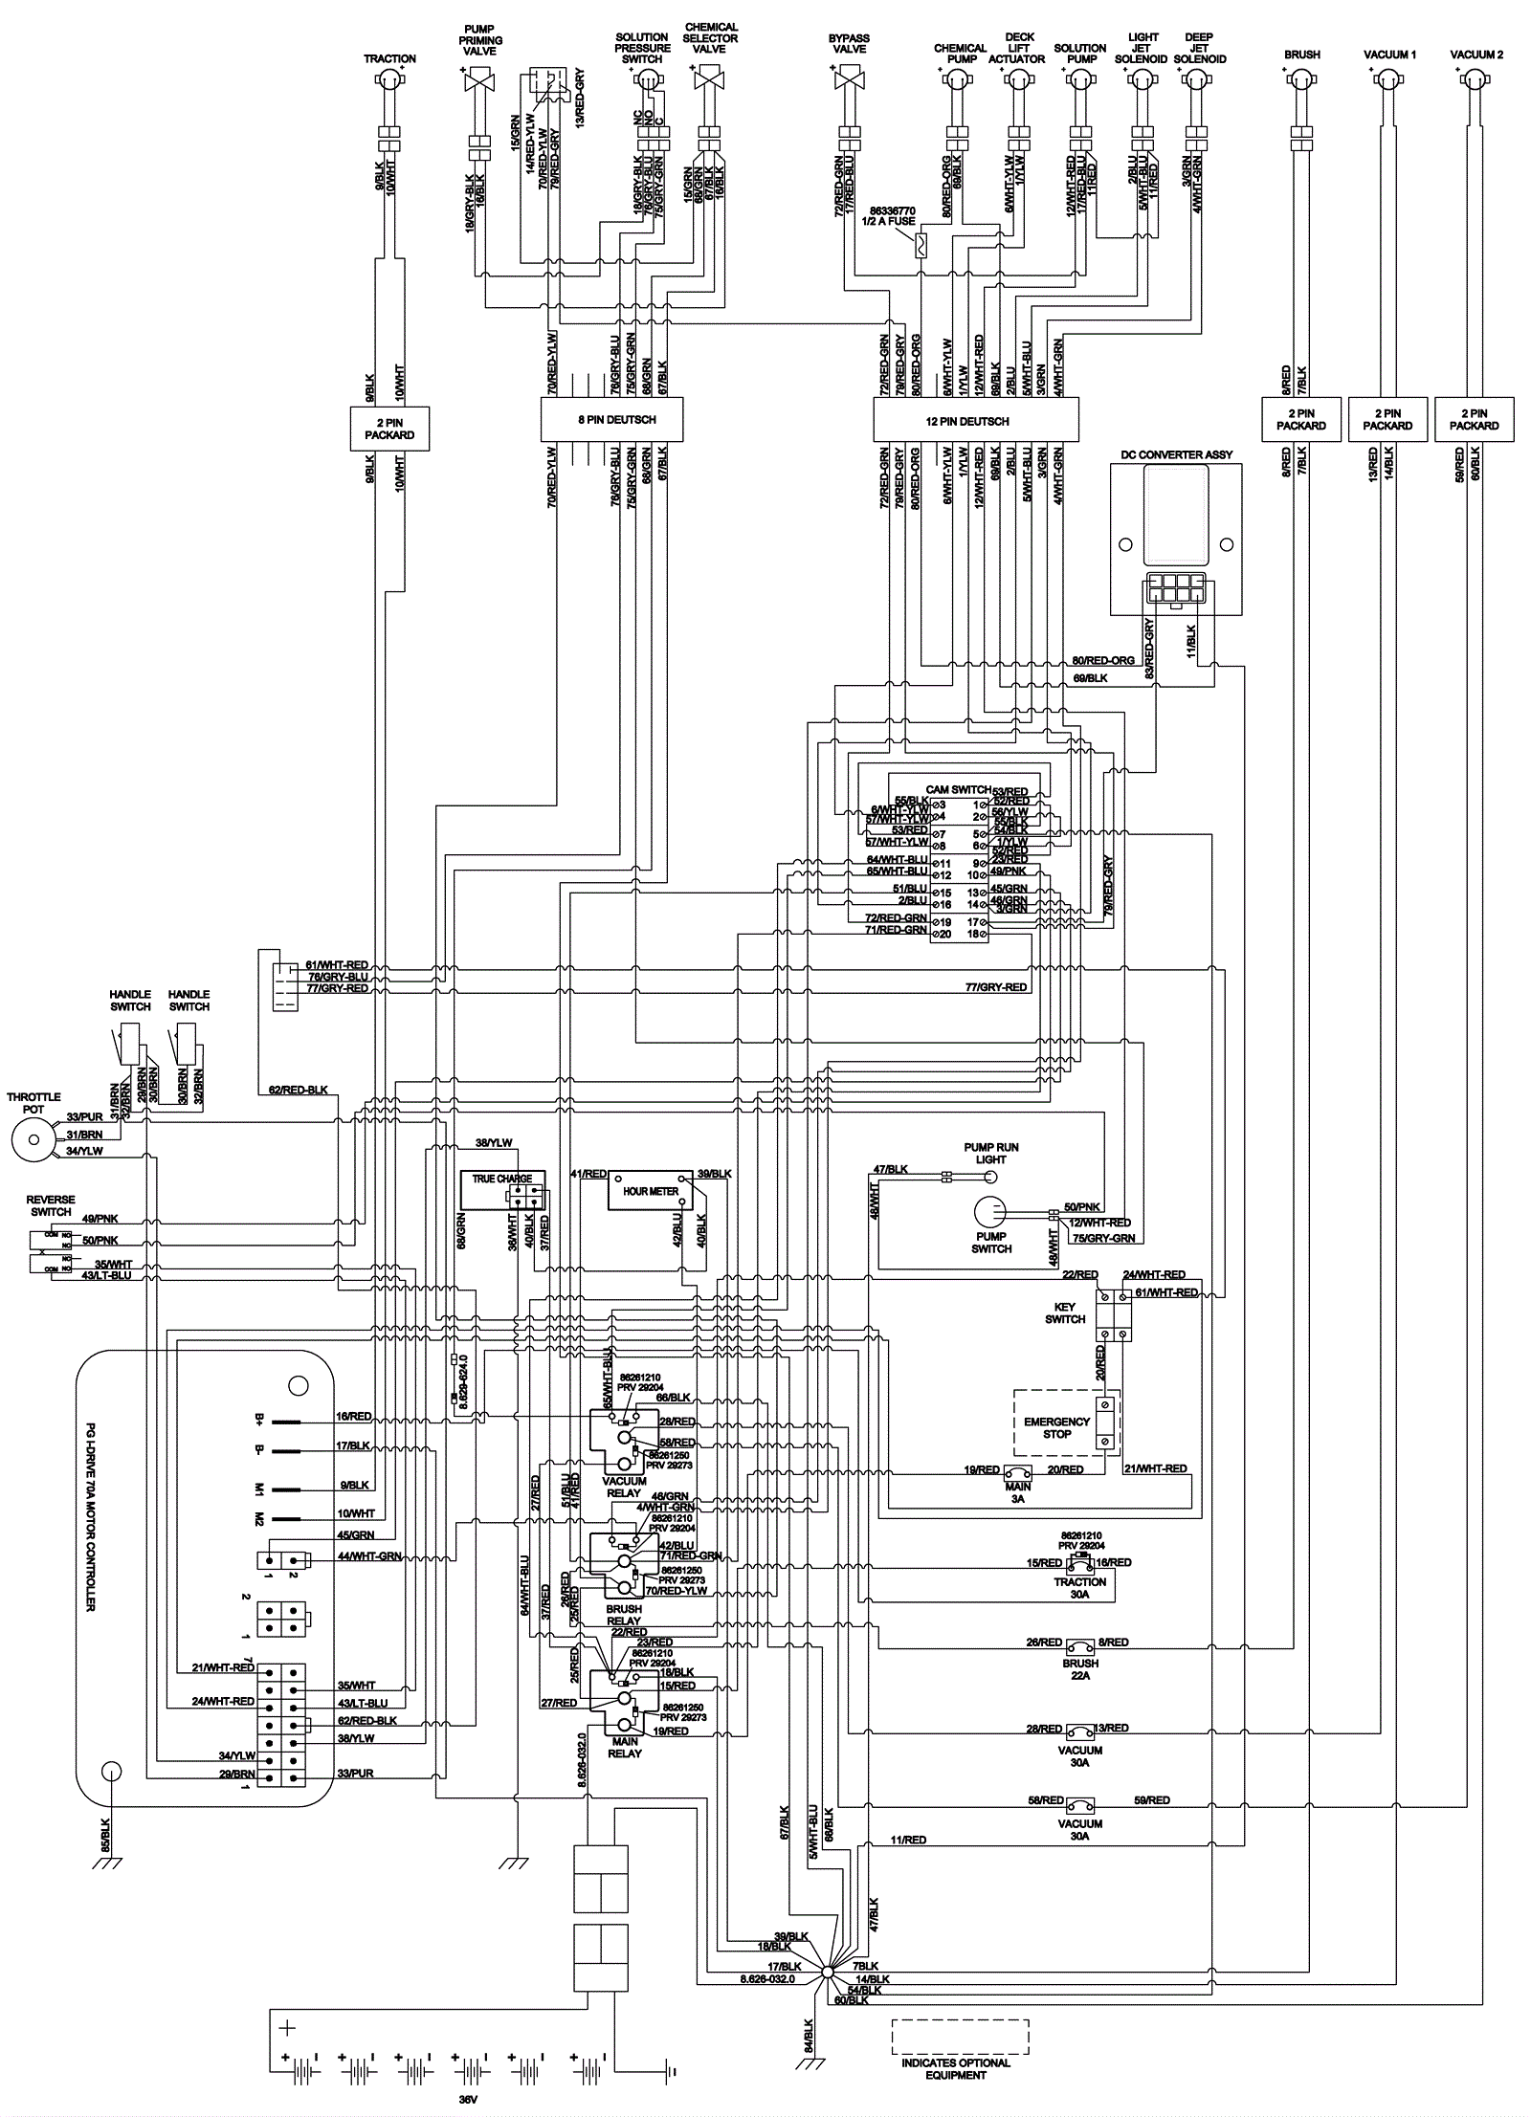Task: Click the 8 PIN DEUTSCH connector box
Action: tap(612, 420)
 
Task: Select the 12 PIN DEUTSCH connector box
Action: tap(975, 421)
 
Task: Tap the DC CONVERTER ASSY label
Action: tap(1176, 455)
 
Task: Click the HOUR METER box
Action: tap(651, 1191)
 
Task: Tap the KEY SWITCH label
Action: tap(1065, 1312)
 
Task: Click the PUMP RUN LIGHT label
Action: tap(990, 1153)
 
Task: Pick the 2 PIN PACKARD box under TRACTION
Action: tap(388, 429)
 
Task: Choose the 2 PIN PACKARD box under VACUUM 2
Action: tap(1474, 420)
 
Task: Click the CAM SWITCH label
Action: tap(957, 790)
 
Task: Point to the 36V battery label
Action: tap(466, 2098)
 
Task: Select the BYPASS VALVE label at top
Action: tap(849, 44)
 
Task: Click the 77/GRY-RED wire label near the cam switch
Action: tap(995, 987)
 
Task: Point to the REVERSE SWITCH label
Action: tap(51, 1205)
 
